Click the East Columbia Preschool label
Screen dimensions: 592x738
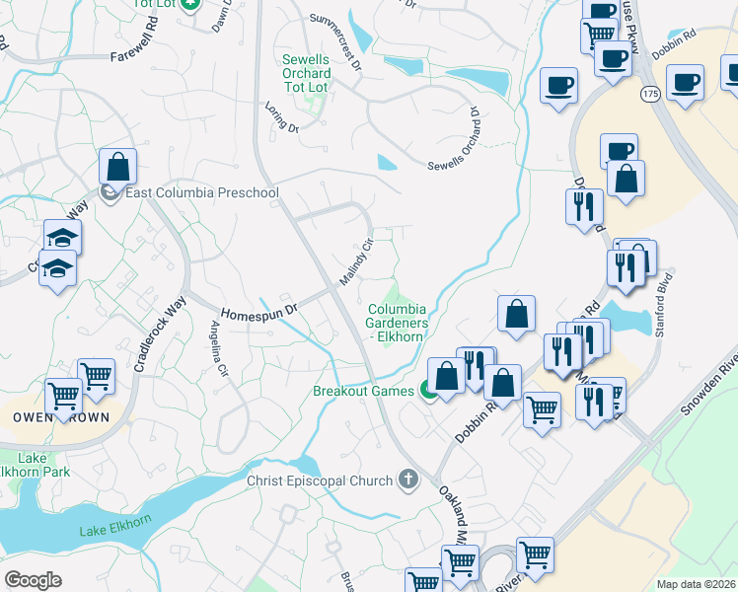[201, 192]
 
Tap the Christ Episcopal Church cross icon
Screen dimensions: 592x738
[407, 481]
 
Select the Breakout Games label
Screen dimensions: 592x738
[363, 391]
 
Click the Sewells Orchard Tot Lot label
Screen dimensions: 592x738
[305, 74]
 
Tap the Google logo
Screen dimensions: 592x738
[33, 580]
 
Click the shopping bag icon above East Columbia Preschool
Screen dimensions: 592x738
[117, 167]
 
